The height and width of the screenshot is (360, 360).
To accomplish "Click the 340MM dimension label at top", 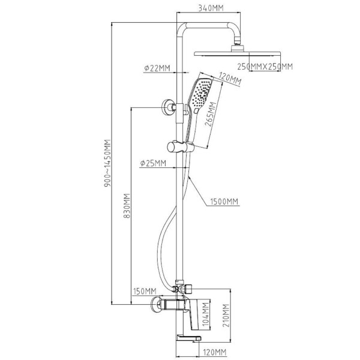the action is point(211,8).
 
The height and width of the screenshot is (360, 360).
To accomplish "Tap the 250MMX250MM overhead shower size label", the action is point(265,67).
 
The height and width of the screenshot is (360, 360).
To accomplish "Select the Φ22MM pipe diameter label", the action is point(157,68).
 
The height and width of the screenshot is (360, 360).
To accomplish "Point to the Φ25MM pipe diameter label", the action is point(153,163).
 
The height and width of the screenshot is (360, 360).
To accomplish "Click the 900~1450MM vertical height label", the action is point(107,163).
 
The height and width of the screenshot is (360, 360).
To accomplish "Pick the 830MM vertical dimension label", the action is point(127,206).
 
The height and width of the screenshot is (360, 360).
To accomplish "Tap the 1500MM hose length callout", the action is point(224,202).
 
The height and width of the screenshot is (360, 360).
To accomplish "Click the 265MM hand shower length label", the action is point(211,114).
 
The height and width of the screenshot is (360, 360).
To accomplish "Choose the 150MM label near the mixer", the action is point(145,291).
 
